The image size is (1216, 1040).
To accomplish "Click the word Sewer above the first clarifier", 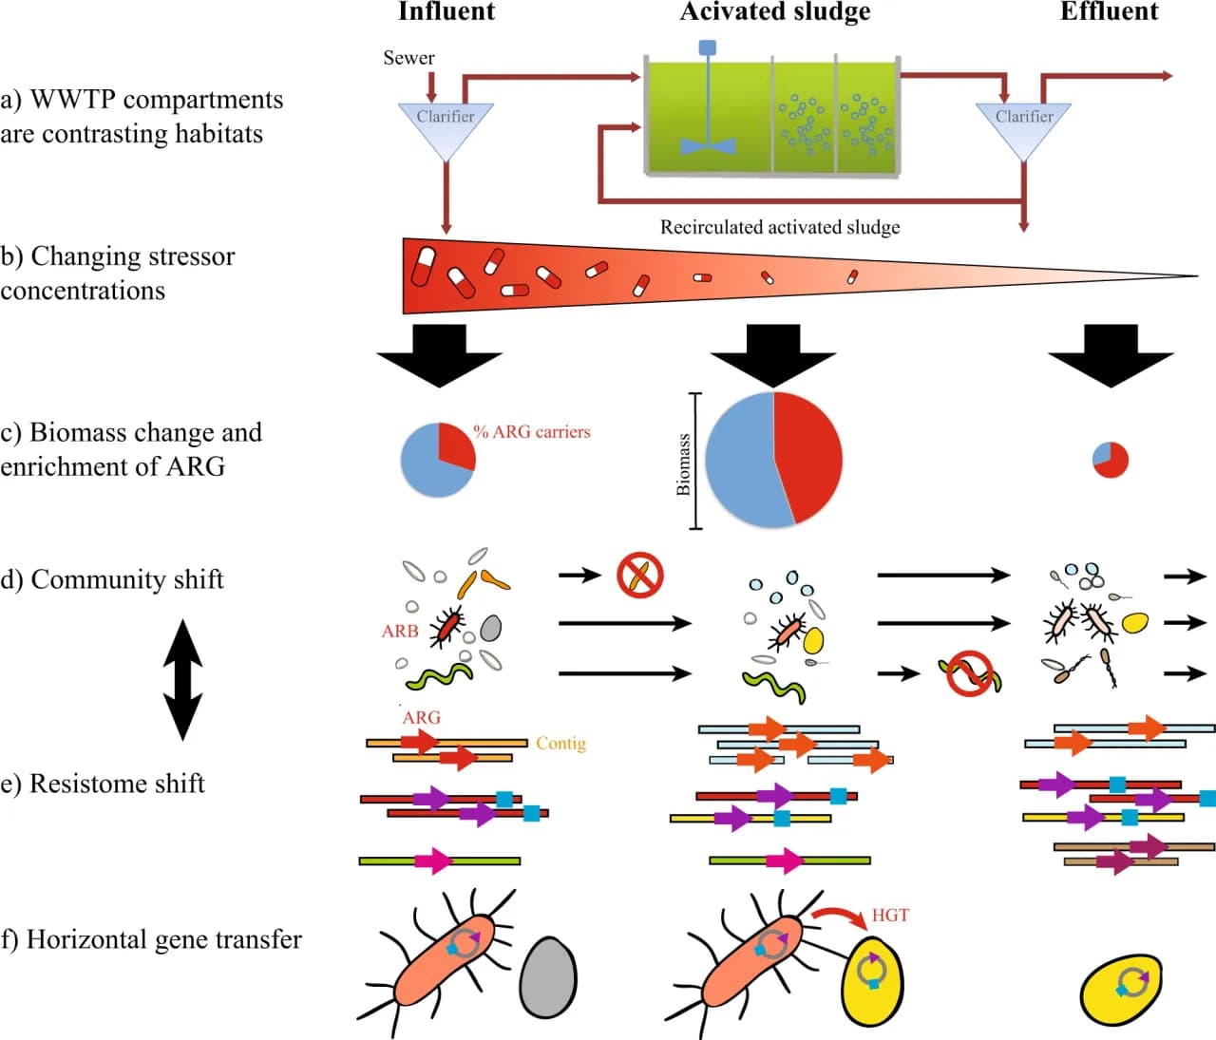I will click(x=408, y=58).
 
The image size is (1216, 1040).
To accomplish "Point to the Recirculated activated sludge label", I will click(x=780, y=228).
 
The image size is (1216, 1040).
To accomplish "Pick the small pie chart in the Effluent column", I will click(x=1110, y=460).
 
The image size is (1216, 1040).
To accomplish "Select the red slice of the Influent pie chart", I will click(x=455, y=444).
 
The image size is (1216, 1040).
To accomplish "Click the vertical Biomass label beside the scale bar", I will click(x=683, y=464).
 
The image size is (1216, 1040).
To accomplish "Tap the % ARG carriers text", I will click(x=532, y=432).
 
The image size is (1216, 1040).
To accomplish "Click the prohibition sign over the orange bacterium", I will click(x=640, y=576).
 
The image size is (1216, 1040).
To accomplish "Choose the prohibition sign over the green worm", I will click(x=971, y=673).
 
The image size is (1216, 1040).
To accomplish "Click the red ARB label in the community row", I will click(x=400, y=632).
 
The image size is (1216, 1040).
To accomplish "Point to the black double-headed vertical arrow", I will click(x=183, y=679).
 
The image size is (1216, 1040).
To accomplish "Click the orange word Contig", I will click(x=560, y=744).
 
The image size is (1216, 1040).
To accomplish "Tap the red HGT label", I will click(x=890, y=916).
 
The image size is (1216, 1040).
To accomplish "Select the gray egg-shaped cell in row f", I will click(x=548, y=976).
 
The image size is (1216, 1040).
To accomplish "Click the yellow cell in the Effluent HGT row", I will click(x=1122, y=989).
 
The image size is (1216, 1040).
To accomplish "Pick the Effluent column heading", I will click(x=1109, y=12).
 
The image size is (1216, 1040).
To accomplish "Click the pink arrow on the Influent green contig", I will click(x=432, y=861).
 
